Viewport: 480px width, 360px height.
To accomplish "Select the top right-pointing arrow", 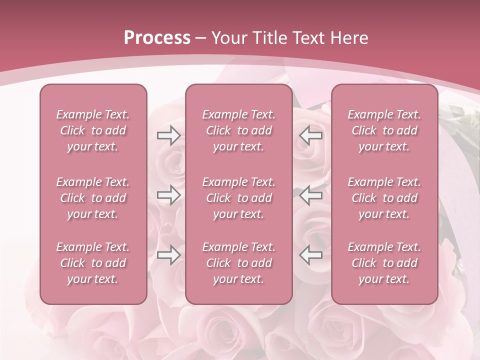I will point(168,135).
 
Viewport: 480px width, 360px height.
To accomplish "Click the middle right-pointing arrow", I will point(168,195).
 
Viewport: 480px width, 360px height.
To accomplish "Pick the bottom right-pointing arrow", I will point(168,255).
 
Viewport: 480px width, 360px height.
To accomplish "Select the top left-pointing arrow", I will point(310,135).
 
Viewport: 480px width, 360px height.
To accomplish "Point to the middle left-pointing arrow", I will point(310,195).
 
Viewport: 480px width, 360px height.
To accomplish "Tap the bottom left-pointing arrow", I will point(310,255).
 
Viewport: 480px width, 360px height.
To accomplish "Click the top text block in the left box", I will point(93,130).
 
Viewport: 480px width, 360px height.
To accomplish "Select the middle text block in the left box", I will point(93,198).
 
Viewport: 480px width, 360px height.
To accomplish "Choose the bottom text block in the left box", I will point(93,263).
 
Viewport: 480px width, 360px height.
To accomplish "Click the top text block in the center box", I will point(239,130).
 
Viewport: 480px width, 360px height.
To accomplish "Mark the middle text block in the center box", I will point(239,198).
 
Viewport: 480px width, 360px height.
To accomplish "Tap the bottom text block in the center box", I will point(239,263).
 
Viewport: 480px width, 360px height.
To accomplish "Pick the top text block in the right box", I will point(384,130).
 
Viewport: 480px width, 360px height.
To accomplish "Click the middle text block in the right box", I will point(384,198).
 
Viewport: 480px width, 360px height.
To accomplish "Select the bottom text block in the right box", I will point(384,263).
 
